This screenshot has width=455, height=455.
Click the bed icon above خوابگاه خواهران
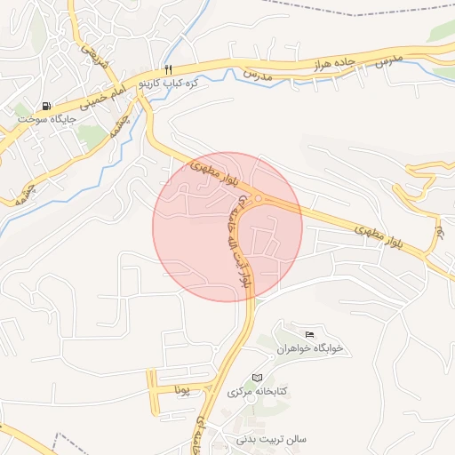(x=308, y=334)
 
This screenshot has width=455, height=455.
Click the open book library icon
(x=258, y=378)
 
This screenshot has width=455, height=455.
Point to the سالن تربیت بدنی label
(x=271, y=439)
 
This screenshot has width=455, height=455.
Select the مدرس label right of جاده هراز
(x=388, y=60)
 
